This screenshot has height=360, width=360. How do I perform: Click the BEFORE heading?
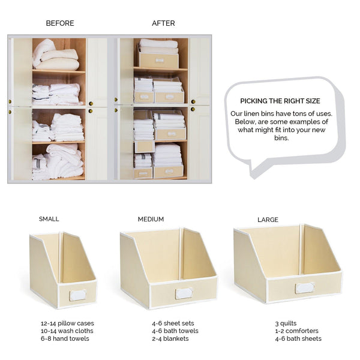60,23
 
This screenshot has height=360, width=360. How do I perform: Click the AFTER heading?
163,23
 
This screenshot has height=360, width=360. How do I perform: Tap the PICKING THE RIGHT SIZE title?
280,101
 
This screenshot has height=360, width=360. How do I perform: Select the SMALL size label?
49,219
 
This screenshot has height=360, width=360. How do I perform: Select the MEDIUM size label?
151,219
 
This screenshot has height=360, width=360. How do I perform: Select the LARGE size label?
268,220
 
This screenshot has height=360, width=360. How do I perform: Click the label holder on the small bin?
77,295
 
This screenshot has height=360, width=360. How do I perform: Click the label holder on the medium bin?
183,293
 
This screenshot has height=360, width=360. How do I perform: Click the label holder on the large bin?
305,287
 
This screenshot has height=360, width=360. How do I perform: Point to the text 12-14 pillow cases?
67,323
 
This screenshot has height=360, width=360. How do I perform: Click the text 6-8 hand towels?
65,339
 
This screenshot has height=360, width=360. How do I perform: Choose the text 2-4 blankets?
170,339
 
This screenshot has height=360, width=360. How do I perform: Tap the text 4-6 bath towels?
175,331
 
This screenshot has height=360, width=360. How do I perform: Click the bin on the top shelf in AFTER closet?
158,60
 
